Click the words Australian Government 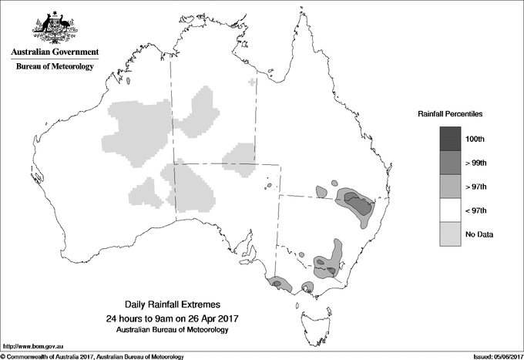[x=52, y=52]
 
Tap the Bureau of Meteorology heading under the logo [x=55, y=66]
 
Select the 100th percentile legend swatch [x=451, y=138]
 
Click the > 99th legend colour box [x=451, y=162]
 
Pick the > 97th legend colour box [x=451, y=186]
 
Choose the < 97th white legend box [x=451, y=210]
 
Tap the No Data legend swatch [x=451, y=234]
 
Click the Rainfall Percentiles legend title [x=450, y=114]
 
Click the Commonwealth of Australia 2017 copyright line [x=92, y=356]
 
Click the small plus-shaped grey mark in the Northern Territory [x=252, y=81]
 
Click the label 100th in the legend [x=475, y=139]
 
